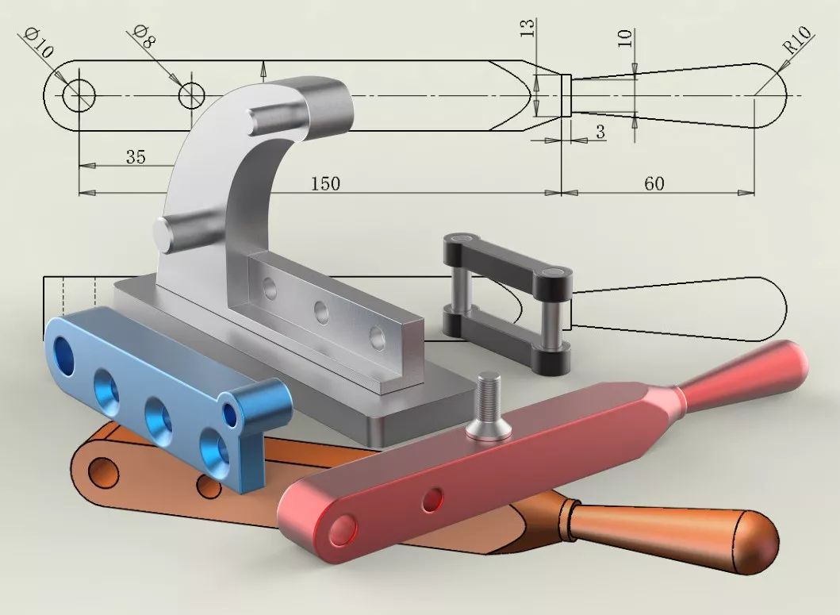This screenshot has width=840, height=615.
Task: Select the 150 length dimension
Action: [x=324, y=183]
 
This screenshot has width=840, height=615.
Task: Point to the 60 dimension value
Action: [x=654, y=183]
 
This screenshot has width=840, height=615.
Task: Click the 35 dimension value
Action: [x=136, y=156]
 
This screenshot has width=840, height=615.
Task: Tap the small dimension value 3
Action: [x=600, y=132]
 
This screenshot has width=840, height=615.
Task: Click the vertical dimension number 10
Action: [x=625, y=37]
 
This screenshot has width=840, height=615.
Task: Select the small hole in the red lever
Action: [x=432, y=499]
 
